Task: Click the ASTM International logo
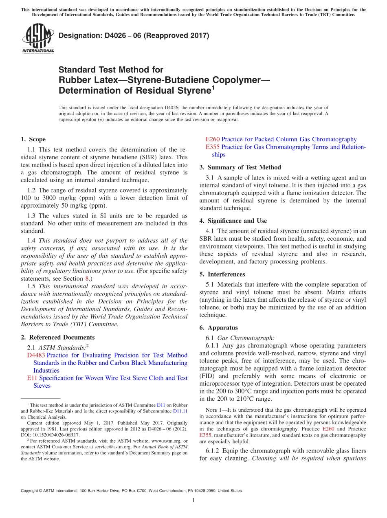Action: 38,39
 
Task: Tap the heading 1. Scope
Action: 33,139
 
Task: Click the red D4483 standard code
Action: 36,355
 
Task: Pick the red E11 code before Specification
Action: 32,378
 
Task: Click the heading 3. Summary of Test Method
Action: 240,167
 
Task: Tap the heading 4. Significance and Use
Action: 233,221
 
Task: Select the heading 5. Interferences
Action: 222,274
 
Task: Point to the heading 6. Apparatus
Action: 218,327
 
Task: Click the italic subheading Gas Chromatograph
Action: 246,338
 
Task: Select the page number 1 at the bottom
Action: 193,500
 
